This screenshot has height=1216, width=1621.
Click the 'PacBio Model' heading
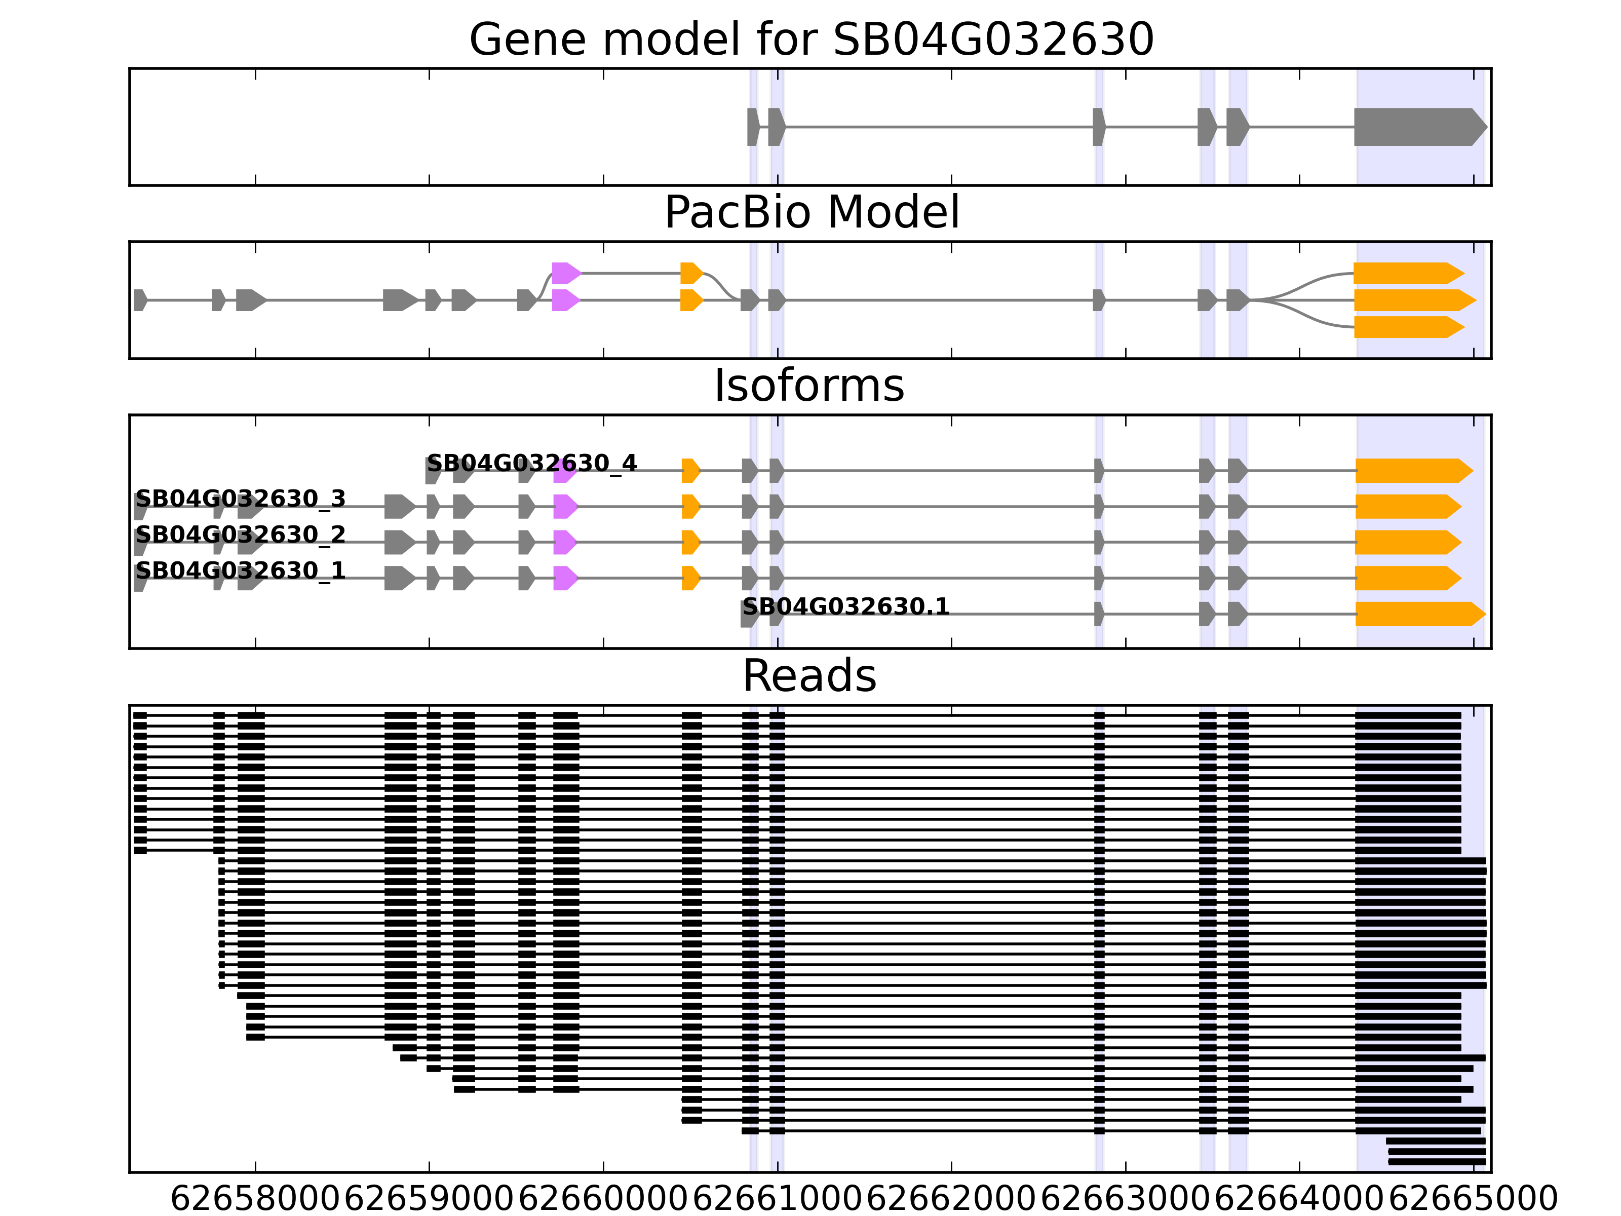[810, 213]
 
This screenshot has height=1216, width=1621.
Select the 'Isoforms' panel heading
[809, 386]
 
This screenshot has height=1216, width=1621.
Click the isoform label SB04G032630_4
[531, 463]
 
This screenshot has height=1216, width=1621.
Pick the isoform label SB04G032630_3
[241, 499]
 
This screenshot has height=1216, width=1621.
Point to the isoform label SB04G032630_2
[241, 535]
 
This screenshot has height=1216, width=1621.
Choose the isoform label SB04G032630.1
[845, 607]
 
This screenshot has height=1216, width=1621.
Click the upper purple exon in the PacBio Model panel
[565, 274]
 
